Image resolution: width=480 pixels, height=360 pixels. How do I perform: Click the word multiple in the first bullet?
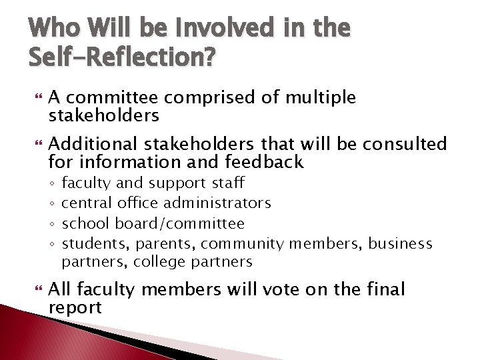pyautogui.click(x=320, y=98)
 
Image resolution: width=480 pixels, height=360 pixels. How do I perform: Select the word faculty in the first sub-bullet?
pyautogui.click(x=86, y=183)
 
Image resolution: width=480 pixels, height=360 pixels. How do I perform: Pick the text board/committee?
pyautogui.click(x=180, y=223)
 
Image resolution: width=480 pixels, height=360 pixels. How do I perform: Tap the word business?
pyautogui.click(x=400, y=243)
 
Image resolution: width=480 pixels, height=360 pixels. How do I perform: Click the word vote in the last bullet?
pyautogui.click(x=290, y=289)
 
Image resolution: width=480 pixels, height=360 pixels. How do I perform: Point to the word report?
pyautogui.click(x=75, y=307)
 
